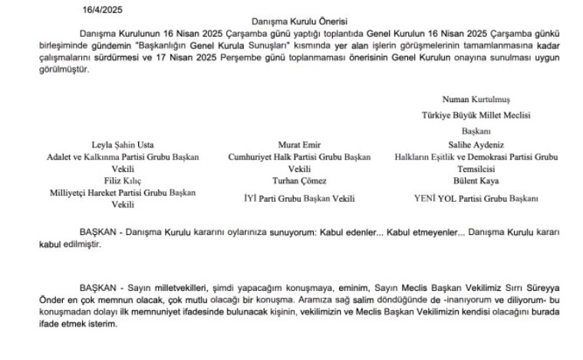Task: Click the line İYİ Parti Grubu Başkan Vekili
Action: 299,198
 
